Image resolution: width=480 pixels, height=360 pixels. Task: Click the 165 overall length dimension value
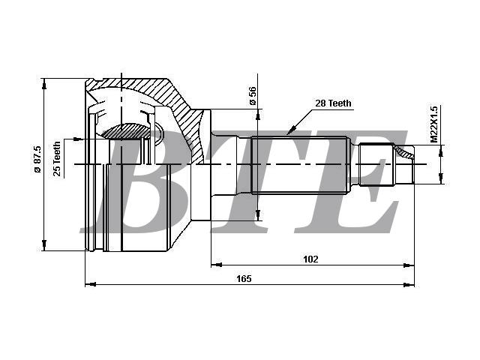click(244, 278)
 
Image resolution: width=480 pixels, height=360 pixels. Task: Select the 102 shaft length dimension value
click(310, 259)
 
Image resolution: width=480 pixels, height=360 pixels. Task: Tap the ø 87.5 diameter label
click(37, 159)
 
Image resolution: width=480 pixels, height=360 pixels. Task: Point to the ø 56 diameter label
click(253, 96)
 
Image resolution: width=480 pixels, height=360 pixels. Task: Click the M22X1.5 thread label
click(434, 124)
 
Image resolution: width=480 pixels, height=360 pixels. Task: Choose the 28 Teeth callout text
click(333, 103)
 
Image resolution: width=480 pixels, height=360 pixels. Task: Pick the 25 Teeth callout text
click(57, 159)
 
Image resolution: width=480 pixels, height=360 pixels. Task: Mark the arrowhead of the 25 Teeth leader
click(79, 139)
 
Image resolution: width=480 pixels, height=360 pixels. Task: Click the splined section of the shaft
click(299, 165)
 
